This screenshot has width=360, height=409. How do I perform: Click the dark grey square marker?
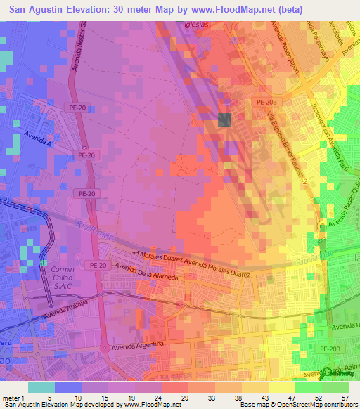click(x=225, y=120)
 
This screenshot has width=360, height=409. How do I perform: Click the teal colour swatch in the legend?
click(x=41, y=387)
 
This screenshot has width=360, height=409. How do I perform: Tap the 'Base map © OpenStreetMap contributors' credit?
click(x=296, y=405)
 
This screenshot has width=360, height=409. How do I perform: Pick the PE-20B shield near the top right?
click(x=264, y=103)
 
